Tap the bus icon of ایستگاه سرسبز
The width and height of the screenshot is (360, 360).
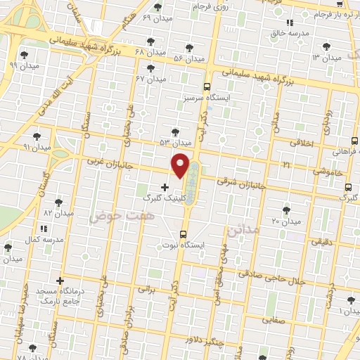(x=207, y=87)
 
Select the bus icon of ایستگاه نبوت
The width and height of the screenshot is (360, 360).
(x=184, y=234)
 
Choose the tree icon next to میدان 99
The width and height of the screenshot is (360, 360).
(x=24, y=54)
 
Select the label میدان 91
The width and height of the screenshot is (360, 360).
(x=37, y=148)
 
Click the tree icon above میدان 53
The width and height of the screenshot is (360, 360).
(x=174, y=131)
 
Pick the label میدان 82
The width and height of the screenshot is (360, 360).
(x=58, y=212)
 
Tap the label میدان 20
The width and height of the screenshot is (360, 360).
(x=286, y=221)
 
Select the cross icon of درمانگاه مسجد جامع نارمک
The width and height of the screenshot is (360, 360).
(x=60, y=281)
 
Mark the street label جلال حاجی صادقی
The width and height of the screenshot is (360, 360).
(x=292, y=278)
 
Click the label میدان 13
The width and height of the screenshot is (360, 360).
(x=326, y=57)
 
